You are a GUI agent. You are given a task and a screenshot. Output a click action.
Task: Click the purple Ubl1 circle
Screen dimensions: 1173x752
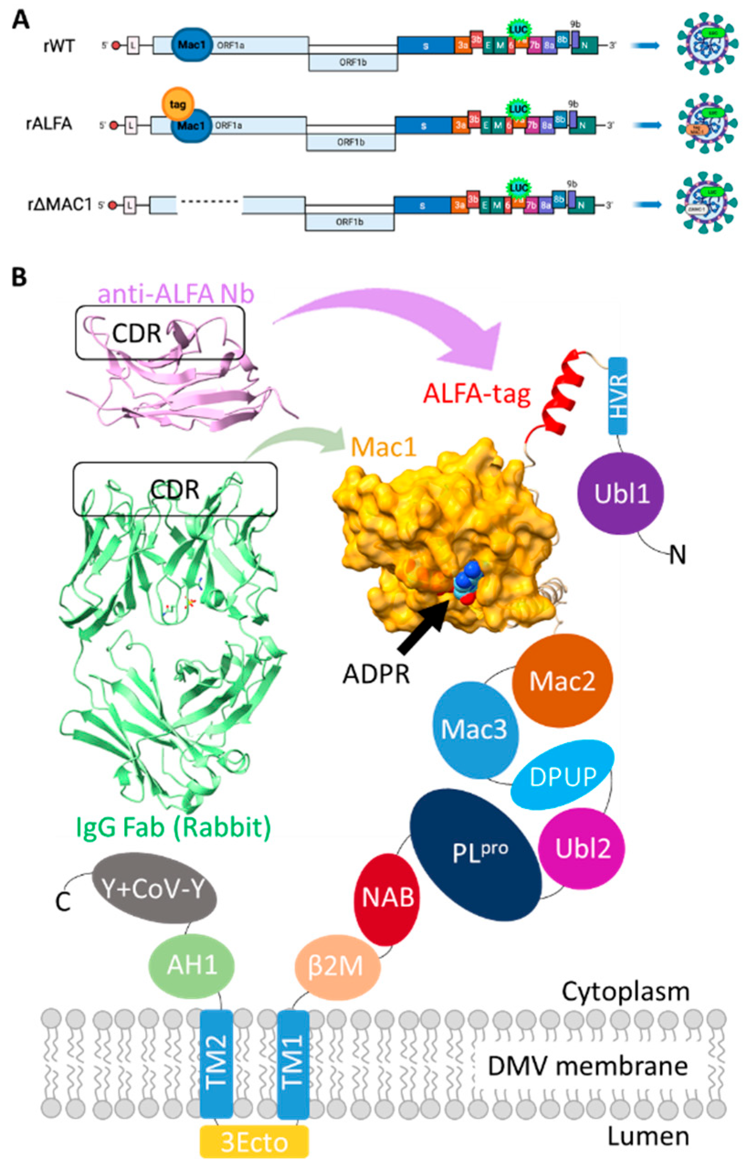coord(621,493)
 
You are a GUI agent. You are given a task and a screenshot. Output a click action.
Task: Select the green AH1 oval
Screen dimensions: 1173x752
coord(191,965)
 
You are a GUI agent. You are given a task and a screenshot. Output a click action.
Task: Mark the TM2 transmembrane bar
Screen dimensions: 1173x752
coord(217,1058)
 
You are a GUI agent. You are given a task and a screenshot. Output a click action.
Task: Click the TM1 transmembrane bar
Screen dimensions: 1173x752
coord(293,1058)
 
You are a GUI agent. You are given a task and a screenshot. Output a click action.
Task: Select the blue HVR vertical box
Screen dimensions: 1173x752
coord(618,396)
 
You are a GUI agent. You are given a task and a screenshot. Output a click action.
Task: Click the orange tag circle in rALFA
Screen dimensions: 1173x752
coord(178,104)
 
